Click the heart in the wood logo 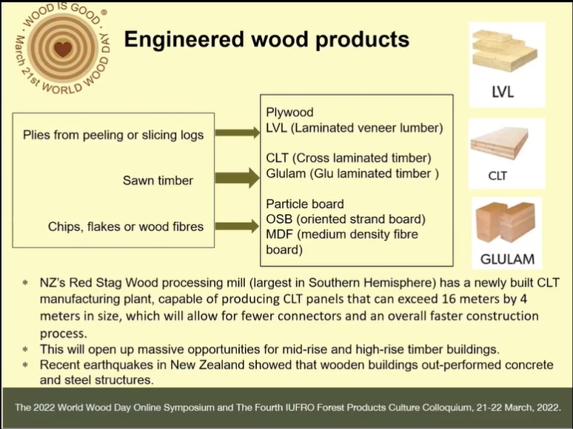pyautogui.click(x=62, y=48)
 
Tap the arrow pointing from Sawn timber pyautogui.click(x=237, y=178)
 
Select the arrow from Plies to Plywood pyautogui.click(x=237, y=133)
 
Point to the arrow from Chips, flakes pyautogui.click(x=237, y=226)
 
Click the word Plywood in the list pyautogui.click(x=289, y=113)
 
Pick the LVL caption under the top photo pyautogui.click(x=503, y=92)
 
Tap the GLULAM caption pyautogui.click(x=507, y=259)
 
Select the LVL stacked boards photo pyautogui.click(x=505, y=51)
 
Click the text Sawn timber pyautogui.click(x=158, y=180)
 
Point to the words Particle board pyautogui.click(x=305, y=204)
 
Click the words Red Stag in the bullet pyautogui.click(x=95, y=283)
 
